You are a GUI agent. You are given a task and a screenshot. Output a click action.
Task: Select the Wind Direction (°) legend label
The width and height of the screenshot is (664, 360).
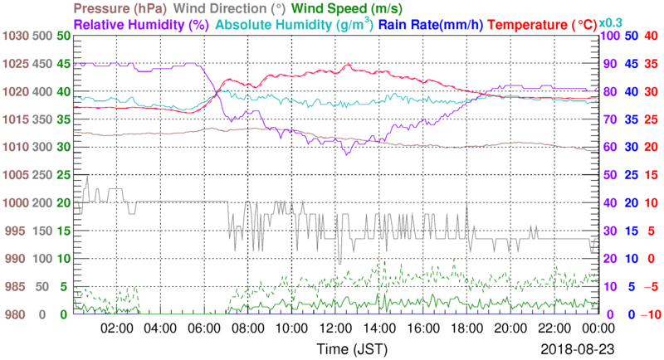(228, 9)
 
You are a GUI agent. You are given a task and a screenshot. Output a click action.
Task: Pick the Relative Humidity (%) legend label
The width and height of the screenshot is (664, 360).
(139, 25)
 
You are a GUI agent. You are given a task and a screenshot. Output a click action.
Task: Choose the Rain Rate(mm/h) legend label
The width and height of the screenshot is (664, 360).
(429, 25)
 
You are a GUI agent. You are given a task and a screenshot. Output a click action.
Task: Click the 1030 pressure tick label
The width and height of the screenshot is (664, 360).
(17, 36)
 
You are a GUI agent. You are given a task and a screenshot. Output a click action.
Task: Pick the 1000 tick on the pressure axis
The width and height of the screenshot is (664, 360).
(17, 202)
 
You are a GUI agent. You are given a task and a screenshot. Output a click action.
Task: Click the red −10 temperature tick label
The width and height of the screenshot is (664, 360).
(650, 314)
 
